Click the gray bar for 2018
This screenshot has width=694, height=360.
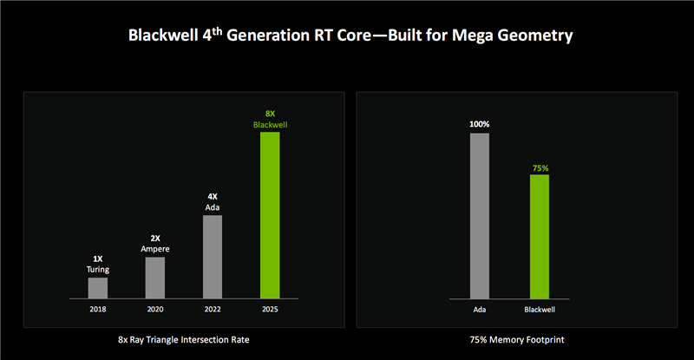(98, 288)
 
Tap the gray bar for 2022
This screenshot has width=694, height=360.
(213, 257)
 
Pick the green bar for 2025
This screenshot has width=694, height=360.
(270, 215)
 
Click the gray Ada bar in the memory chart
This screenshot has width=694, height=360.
(480, 216)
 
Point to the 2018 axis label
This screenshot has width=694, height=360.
(98, 308)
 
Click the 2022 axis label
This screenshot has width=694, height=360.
(213, 308)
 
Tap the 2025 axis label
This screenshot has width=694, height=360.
(270, 308)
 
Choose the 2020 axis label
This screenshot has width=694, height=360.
(154, 308)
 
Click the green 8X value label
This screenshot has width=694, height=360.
(270, 114)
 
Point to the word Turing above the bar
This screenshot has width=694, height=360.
(98, 269)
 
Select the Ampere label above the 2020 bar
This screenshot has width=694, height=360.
(154, 249)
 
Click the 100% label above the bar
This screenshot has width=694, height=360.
(480, 124)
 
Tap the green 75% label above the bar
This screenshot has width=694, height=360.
(540, 167)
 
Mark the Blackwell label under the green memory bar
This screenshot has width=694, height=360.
(540, 308)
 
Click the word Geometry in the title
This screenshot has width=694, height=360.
(534, 37)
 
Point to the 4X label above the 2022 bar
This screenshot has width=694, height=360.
(213, 197)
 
